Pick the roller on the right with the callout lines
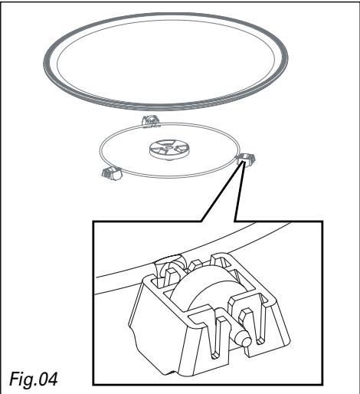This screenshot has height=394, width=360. click(x=246, y=158)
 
